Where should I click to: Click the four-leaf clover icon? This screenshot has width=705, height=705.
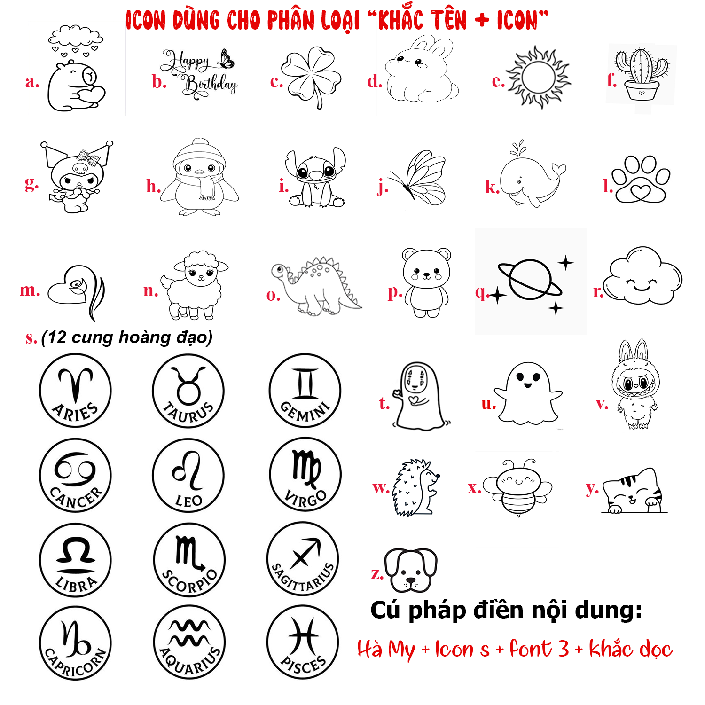pyautogui.click(x=311, y=77)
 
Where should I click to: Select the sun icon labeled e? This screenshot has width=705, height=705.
pyautogui.click(x=538, y=78)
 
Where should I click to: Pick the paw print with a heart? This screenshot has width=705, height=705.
pyautogui.click(x=641, y=180)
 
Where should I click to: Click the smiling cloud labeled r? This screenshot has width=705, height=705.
pyautogui.click(x=642, y=276)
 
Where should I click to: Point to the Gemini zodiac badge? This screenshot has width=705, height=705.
pyautogui.click(x=305, y=390)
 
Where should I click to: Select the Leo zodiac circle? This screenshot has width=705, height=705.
pyautogui.click(x=188, y=475)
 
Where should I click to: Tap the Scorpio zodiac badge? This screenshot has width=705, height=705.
pyautogui.click(x=189, y=560)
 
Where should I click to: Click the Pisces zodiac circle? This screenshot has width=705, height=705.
pyautogui.click(x=303, y=642)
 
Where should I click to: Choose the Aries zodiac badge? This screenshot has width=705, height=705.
pyautogui.click(x=75, y=390)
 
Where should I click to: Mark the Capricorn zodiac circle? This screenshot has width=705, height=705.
pyautogui.click(x=75, y=643)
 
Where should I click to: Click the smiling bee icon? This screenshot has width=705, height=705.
pyautogui.click(x=518, y=488)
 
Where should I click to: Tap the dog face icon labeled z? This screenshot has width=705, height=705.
pyautogui.click(x=411, y=570)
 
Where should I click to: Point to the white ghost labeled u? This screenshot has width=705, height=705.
pyautogui.click(x=528, y=394)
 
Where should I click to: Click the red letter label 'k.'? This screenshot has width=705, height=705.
pyautogui.click(x=492, y=188)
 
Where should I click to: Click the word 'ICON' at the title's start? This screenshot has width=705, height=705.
pyautogui.click(x=146, y=21)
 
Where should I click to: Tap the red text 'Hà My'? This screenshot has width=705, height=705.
pyautogui.click(x=386, y=650)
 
